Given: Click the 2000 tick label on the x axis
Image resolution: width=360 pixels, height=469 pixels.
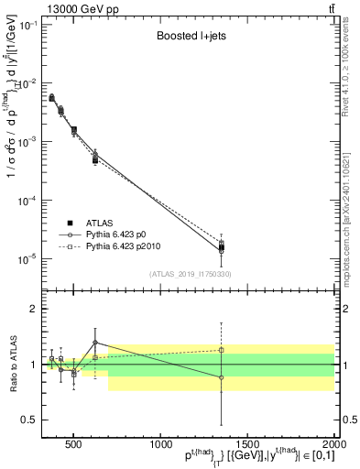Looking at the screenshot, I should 333,444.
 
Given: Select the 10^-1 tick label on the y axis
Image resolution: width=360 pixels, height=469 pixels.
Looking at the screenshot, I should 27,25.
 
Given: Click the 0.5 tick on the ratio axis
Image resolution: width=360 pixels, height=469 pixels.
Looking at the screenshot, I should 27,420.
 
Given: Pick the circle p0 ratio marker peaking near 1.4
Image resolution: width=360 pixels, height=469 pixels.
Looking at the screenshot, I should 95,343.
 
